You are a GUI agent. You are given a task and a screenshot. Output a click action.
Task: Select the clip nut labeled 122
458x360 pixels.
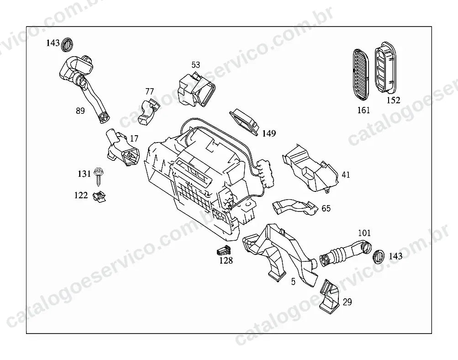pyautogui.click(x=99, y=196)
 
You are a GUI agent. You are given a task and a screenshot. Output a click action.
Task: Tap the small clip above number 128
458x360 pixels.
pyautogui.click(x=224, y=249)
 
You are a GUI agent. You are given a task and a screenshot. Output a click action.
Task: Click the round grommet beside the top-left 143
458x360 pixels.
pyautogui.click(x=68, y=44)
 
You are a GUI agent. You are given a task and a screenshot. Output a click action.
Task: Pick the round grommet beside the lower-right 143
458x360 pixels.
pyautogui.click(x=379, y=257)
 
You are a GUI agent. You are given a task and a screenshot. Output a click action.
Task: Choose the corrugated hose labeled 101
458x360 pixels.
pyautogui.click(x=345, y=253)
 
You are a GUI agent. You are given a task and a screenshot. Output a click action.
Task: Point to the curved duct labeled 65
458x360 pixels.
pyautogui.click(x=295, y=207)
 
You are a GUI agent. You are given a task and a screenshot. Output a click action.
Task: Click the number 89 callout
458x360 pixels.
pyautogui.click(x=80, y=111)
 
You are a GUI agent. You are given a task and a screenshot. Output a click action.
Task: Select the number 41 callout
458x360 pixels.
pyautogui.click(x=346, y=175)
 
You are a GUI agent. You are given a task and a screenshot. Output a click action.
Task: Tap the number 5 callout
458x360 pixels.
pyautogui.click(x=293, y=282)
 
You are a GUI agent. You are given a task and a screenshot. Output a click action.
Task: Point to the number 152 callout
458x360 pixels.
pyautogui.click(x=393, y=100)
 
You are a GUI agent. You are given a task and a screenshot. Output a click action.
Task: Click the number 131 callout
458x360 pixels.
pyautogui.click(x=84, y=174)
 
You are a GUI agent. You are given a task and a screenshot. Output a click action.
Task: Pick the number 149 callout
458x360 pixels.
pyautogui.click(x=268, y=134)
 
